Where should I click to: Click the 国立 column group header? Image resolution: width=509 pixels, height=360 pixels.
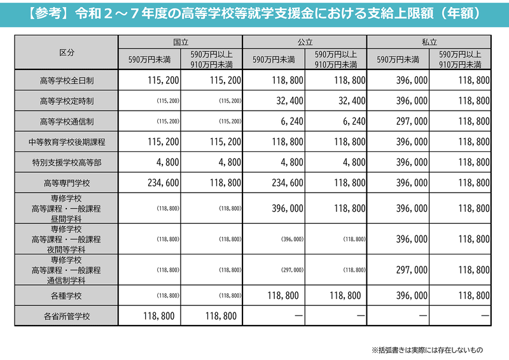pyautogui.click(x=180, y=41)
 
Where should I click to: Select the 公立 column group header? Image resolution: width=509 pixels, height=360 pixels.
pyautogui.click(x=305, y=41)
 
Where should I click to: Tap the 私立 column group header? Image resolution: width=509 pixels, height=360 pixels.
pyautogui.click(x=429, y=41)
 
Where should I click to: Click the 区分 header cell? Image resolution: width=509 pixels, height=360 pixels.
pyautogui.click(x=66, y=52)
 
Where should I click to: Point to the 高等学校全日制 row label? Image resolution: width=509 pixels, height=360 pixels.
pyautogui.click(x=66, y=81)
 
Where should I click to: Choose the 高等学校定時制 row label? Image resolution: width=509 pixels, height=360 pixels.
pyautogui.click(x=66, y=101)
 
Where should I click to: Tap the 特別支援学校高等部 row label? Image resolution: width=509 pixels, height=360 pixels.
pyautogui.click(x=66, y=162)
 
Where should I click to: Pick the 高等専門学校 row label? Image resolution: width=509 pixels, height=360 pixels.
pyautogui.click(x=66, y=183)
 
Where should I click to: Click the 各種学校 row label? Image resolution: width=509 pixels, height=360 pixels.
pyautogui.click(x=66, y=296)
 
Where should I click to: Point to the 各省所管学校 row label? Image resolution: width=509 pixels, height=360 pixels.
pyautogui.click(x=66, y=315)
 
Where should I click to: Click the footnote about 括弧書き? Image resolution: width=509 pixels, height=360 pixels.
pyautogui.click(x=428, y=349)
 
